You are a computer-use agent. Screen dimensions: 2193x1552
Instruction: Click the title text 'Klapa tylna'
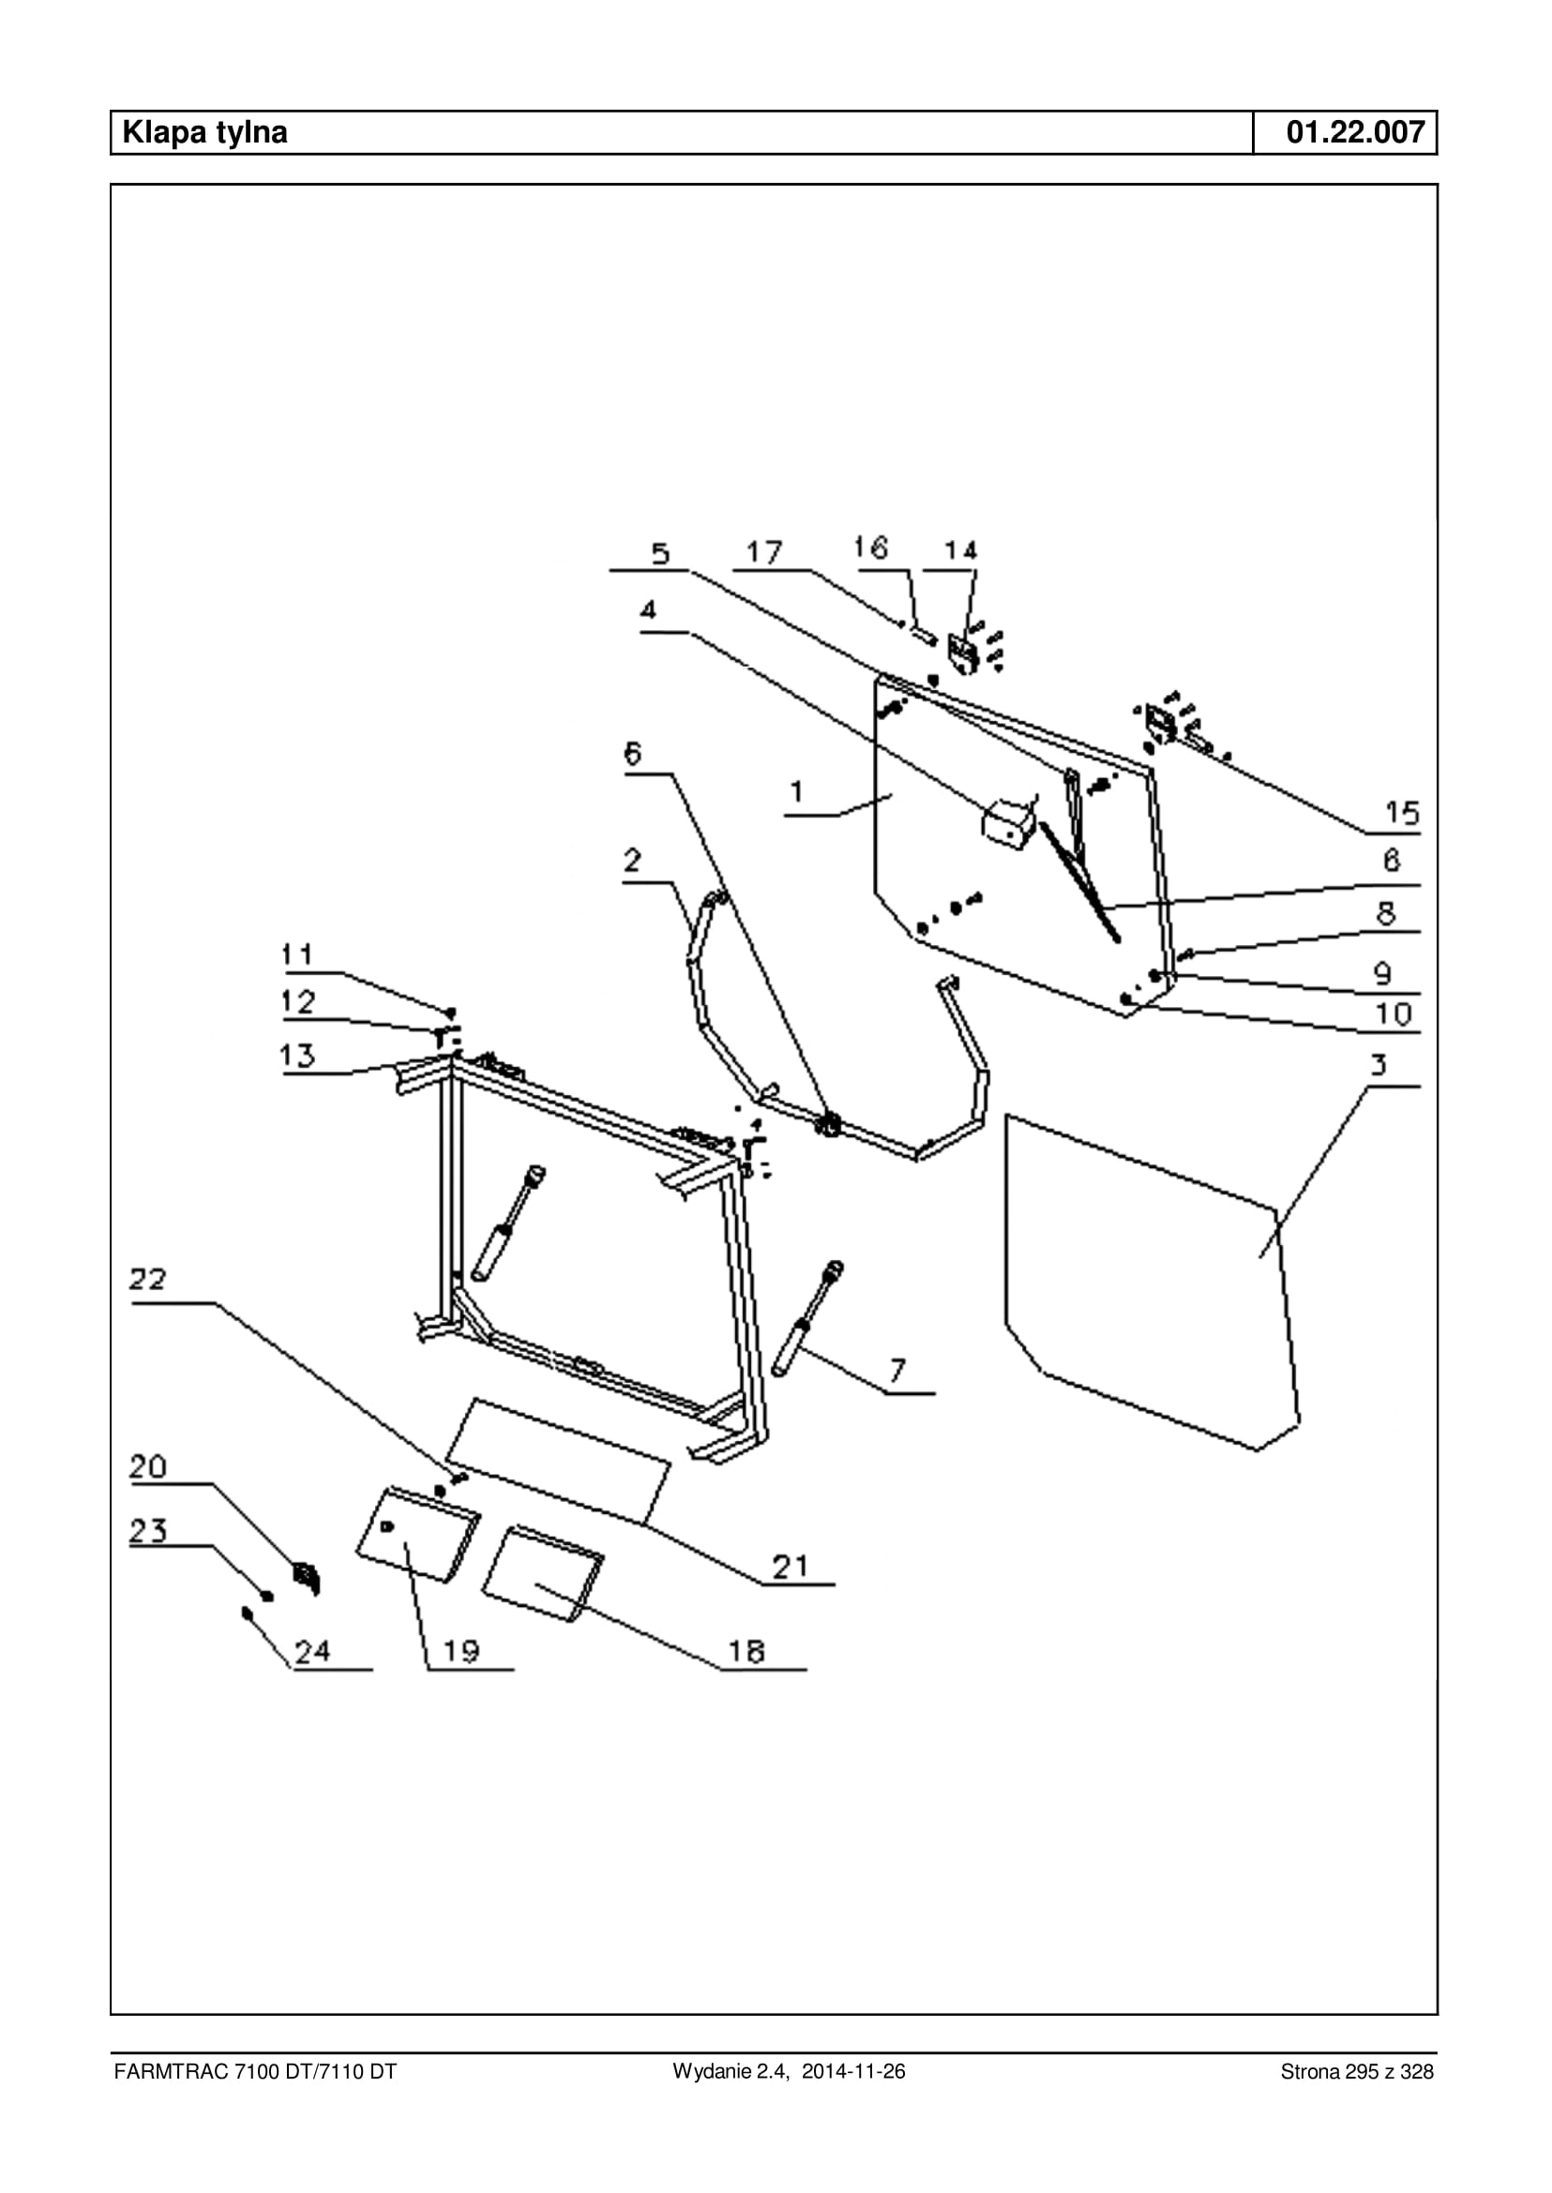pyautogui.click(x=204, y=132)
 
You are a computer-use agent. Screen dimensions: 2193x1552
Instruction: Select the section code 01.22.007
pyautogui.click(x=1355, y=132)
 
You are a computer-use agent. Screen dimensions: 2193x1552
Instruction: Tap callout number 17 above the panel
pyautogui.click(x=764, y=552)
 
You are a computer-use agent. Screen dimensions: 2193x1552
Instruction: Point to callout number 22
pyautogui.click(x=148, y=1280)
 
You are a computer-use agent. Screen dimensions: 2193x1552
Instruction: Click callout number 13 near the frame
pyautogui.click(x=297, y=1055)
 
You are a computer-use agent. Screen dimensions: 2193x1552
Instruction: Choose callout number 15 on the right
pyautogui.click(x=1402, y=813)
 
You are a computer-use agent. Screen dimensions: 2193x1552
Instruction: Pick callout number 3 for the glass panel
pyautogui.click(x=1379, y=1064)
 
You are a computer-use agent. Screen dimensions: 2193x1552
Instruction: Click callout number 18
pyautogui.click(x=747, y=1652)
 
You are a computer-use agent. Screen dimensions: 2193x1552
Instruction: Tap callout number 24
pyautogui.click(x=312, y=1651)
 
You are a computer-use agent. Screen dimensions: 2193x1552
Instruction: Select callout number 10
pyautogui.click(x=1394, y=1014)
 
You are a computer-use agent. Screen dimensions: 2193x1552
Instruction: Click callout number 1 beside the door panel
pyautogui.click(x=797, y=792)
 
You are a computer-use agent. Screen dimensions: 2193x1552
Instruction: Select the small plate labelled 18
pyautogui.click(x=541, y=1575)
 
